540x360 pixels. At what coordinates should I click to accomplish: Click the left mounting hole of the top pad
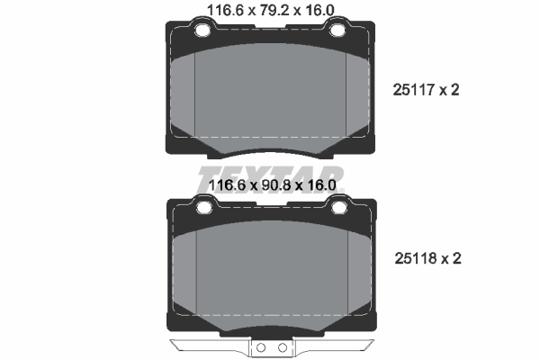click(202, 31)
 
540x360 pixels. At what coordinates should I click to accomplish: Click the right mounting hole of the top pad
click(337, 31)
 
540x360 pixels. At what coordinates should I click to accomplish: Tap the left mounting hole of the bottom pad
click(204, 207)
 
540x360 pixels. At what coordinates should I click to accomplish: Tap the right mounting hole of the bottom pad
click(339, 207)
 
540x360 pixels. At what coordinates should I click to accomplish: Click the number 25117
click(414, 90)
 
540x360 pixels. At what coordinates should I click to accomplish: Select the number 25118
click(416, 258)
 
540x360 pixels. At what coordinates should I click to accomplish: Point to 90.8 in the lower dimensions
click(275, 185)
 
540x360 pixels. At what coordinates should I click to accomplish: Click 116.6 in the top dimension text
click(226, 10)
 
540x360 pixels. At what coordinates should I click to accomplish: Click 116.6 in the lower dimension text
click(228, 185)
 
